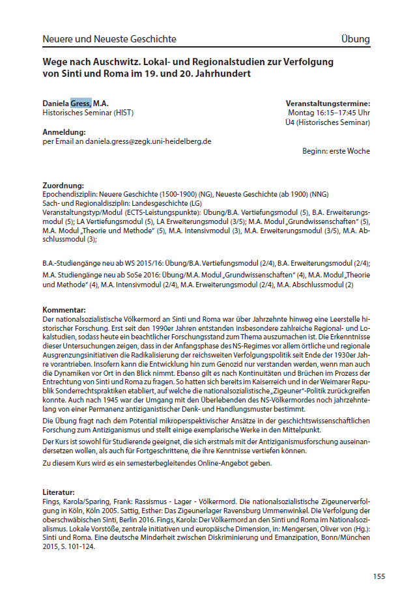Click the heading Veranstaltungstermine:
click(328, 104)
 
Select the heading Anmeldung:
click(63, 132)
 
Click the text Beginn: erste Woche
click(335, 151)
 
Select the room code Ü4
click(299, 122)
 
